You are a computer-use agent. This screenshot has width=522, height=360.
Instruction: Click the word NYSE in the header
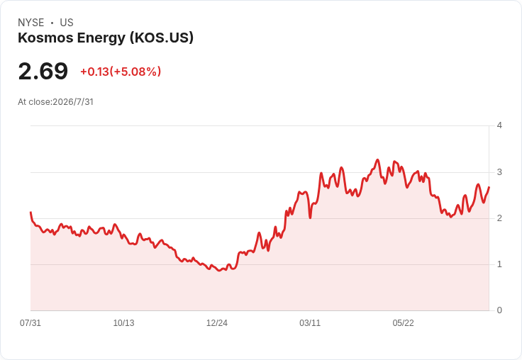31,23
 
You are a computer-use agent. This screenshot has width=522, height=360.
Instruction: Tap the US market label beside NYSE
67,23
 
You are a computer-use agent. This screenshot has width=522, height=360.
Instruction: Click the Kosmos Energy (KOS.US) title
106,38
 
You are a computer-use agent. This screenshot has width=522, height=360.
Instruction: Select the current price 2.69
43,71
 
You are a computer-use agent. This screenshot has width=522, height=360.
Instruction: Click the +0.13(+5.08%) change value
121,72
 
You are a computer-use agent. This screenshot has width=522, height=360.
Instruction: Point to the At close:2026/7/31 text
55,102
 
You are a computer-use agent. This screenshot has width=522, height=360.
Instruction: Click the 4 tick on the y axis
499,125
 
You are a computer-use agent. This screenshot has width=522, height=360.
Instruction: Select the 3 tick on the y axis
499,172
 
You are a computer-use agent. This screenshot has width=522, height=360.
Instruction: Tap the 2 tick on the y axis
499,218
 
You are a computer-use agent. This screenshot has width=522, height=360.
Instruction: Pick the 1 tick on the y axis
499,264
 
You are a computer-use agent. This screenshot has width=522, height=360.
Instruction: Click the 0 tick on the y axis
499,310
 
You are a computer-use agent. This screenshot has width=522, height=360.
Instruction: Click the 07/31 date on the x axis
30,322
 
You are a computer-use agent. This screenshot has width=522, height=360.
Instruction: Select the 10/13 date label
123,322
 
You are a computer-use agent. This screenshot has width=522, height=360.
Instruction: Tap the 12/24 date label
217,322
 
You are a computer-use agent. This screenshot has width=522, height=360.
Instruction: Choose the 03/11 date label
310,322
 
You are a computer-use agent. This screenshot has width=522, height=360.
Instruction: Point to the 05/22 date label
403,322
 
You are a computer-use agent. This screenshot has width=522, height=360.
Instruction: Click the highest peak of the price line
377,159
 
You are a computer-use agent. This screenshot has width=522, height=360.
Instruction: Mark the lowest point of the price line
219,271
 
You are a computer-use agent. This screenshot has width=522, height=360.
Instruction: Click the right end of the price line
489,187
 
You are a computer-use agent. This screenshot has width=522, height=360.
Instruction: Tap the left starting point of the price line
30,213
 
